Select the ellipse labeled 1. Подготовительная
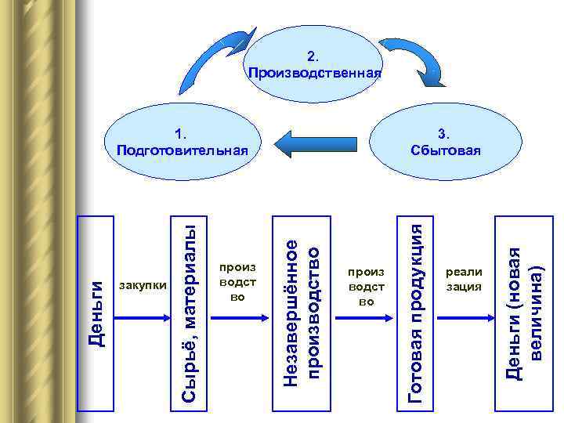[181, 141]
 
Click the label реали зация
[464, 279]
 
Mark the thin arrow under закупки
[143, 317]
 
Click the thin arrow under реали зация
[464, 317]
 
